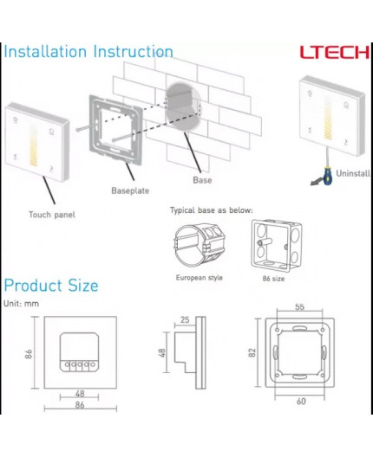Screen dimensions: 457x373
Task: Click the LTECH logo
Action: point(334,51)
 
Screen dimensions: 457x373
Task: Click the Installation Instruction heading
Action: point(88,52)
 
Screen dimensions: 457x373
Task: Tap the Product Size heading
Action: point(51,286)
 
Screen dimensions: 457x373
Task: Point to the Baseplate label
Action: point(128,190)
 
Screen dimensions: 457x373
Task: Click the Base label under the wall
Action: point(201,181)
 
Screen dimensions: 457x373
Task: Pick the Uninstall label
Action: point(352,173)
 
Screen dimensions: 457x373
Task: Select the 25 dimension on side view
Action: point(184,320)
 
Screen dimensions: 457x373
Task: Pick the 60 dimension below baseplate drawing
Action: point(300,402)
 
